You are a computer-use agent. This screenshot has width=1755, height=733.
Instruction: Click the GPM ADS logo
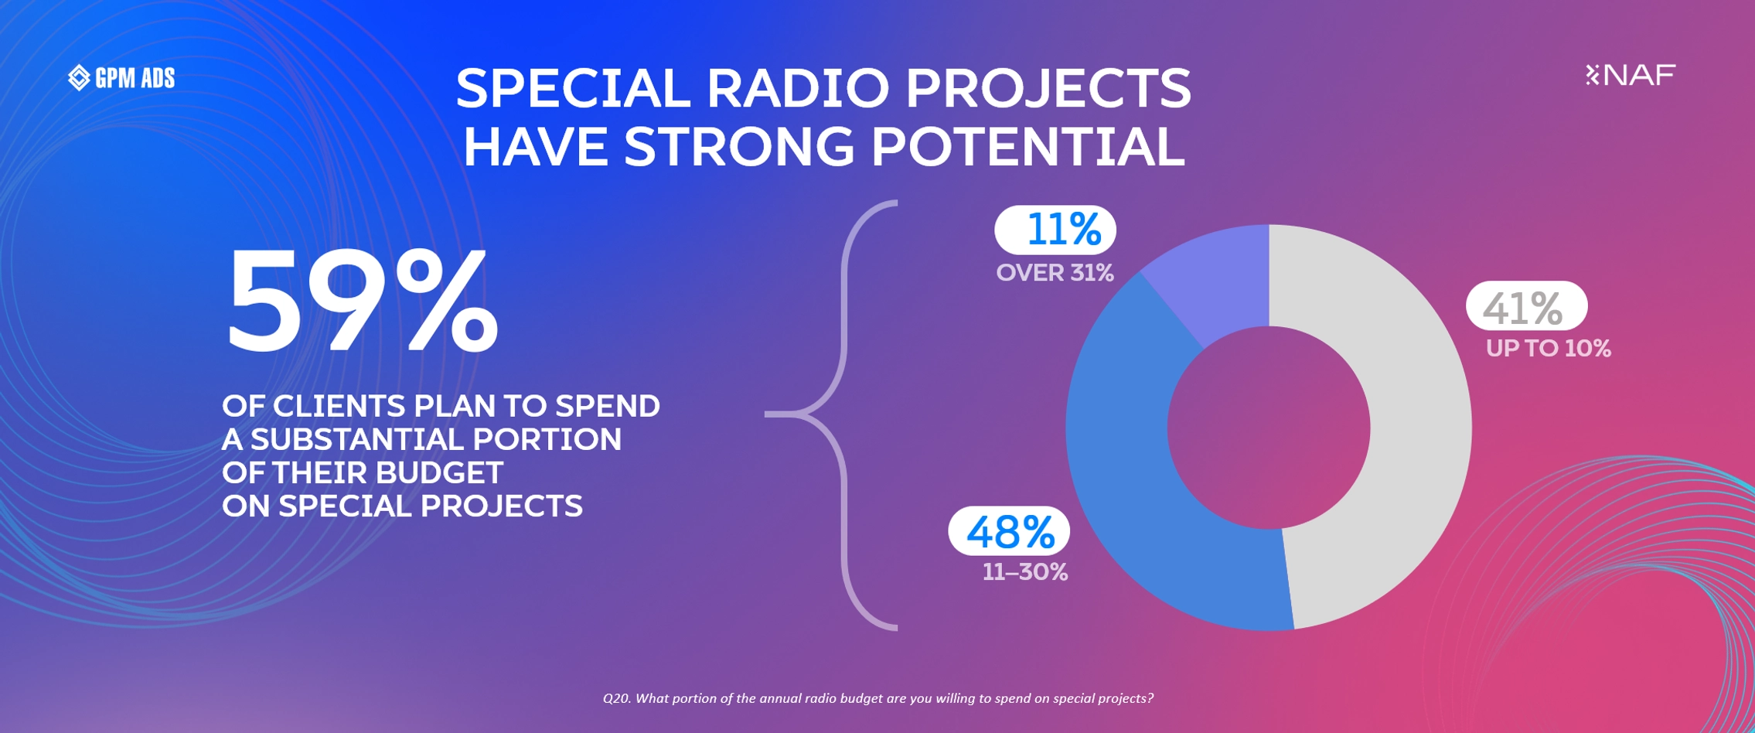point(121,77)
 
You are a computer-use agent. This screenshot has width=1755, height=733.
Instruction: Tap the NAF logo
point(1630,74)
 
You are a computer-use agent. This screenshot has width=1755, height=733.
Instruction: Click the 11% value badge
point(1055,230)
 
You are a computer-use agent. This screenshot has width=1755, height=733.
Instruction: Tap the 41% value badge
point(1527,306)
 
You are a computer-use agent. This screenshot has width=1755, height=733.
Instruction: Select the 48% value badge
point(1009,531)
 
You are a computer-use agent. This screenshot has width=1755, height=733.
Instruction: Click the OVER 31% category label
point(1055,273)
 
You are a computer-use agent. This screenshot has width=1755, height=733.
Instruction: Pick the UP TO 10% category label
point(1549,349)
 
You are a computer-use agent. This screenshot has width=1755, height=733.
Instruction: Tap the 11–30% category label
point(1025,572)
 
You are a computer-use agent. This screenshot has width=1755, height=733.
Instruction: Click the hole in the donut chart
point(1269,428)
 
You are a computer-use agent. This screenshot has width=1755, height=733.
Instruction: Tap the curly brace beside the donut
point(843,415)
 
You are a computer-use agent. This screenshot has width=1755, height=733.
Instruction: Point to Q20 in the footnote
point(616,699)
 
